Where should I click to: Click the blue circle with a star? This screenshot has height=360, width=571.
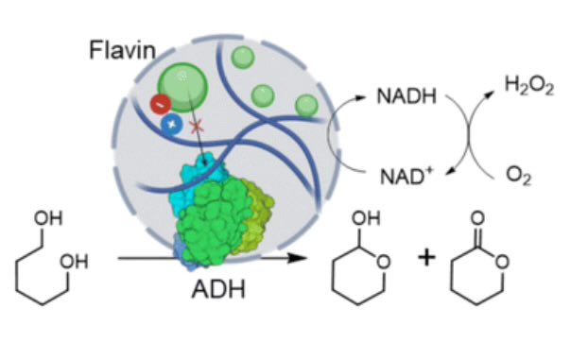(172, 123)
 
